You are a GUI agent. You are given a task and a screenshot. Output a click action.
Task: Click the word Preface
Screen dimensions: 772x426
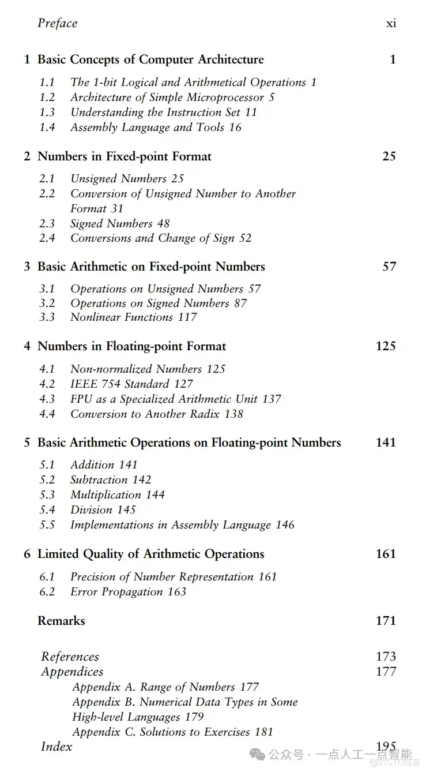coord(57,23)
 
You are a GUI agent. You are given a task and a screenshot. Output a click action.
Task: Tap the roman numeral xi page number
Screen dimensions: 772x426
coord(391,24)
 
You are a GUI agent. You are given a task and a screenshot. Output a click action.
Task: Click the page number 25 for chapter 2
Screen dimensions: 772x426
coord(389,156)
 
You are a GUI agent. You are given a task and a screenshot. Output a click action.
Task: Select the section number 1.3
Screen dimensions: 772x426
coord(47,113)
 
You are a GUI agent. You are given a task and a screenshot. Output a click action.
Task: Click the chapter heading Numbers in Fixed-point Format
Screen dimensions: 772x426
coord(124,156)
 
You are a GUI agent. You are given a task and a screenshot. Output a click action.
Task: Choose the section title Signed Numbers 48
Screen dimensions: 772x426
coord(120,223)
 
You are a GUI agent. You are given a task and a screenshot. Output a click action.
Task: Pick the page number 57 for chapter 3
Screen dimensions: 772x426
coord(389,267)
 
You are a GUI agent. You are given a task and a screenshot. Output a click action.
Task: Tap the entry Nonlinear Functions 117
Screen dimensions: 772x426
coord(133,317)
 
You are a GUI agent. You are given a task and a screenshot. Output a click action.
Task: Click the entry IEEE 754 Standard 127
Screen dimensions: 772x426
coord(131,384)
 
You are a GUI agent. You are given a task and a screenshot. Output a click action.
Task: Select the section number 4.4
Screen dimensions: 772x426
coord(47,414)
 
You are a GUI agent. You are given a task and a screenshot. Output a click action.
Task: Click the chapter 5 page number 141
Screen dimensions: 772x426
coord(385,443)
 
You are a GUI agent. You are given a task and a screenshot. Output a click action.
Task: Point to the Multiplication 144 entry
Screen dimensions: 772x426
coord(117,494)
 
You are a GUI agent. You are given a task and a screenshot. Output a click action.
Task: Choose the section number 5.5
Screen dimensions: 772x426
coord(47,524)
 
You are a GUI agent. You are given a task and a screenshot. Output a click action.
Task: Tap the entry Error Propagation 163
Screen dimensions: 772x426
coord(128,591)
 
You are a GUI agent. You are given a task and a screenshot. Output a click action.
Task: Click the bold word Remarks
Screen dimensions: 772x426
coord(61,621)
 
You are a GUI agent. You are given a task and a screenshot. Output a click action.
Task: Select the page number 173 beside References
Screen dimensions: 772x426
coord(385,657)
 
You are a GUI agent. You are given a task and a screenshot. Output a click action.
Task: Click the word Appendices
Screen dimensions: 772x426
coord(72,672)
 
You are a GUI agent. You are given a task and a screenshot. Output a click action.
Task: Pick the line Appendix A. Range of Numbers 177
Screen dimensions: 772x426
coord(165,687)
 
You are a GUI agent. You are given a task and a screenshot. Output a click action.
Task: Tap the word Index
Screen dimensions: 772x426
coord(56,747)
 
